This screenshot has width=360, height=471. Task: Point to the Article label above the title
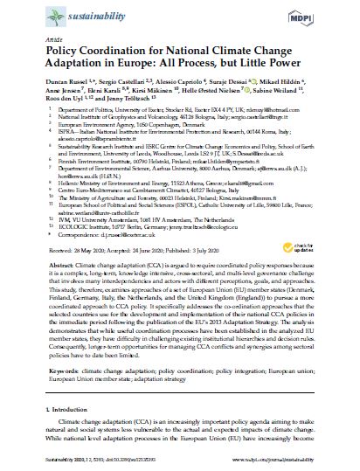tap(39, 45)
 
